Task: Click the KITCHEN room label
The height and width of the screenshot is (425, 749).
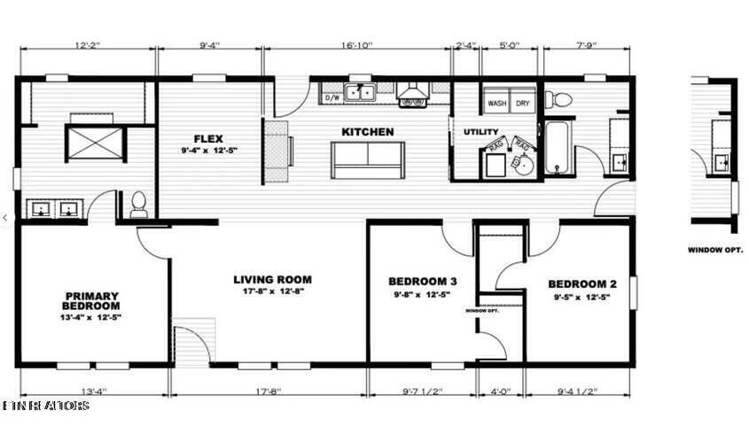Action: tap(368, 132)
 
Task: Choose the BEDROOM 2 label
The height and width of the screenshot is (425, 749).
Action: tap(581, 284)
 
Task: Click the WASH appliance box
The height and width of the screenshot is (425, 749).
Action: tap(497, 103)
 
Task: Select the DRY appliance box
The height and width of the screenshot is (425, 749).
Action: tap(523, 103)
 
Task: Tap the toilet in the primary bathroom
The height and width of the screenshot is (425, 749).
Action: tap(138, 205)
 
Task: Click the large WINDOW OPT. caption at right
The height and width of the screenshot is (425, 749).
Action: tap(714, 250)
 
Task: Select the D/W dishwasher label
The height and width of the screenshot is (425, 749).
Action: tap(333, 97)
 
